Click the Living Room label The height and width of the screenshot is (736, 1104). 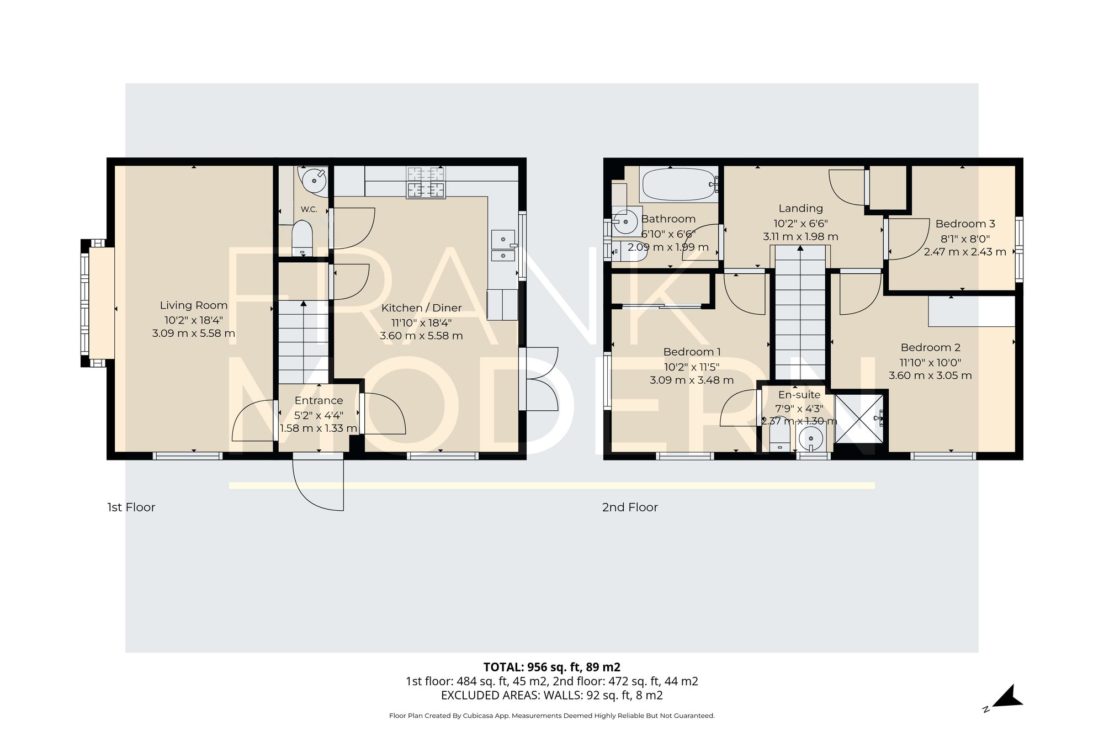[x=194, y=305]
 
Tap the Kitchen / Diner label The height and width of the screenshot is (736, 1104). [x=422, y=308]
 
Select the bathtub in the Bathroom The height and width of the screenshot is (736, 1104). [x=678, y=184]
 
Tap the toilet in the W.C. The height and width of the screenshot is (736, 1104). [x=302, y=239]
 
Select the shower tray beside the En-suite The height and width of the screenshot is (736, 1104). [x=860, y=419]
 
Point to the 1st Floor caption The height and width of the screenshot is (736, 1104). [x=131, y=507]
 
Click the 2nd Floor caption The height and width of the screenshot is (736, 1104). [x=630, y=507]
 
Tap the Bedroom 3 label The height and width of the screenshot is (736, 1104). [x=965, y=224]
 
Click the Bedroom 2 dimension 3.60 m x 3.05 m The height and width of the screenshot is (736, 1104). [x=930, y=375]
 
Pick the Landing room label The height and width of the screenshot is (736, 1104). [x=800, y=208]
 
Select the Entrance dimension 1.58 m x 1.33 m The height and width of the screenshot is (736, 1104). [x=319, y=428]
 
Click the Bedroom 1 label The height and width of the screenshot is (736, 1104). [x=692, y=352]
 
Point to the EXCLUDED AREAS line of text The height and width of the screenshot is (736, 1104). [x=551, y=696]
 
